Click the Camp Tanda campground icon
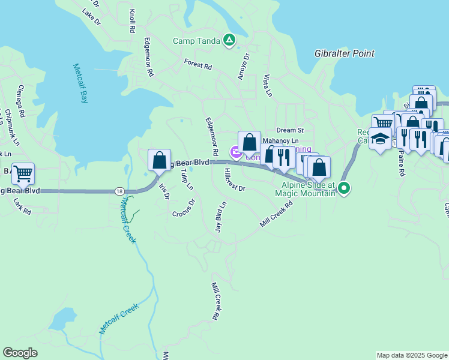point(229,40)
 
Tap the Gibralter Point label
point(345,53)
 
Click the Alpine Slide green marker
point(344,189)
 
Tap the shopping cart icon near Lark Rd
point(23,174)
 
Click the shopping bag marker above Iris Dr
point(159,160)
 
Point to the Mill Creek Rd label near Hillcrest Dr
point(277,214)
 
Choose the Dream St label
point(291,130)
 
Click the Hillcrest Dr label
point(235,180)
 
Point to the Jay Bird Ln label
point(221,217)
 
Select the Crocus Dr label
point(184,208)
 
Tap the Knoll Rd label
point(132,22)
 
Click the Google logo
point(20,353)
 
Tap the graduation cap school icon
point(379,138)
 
